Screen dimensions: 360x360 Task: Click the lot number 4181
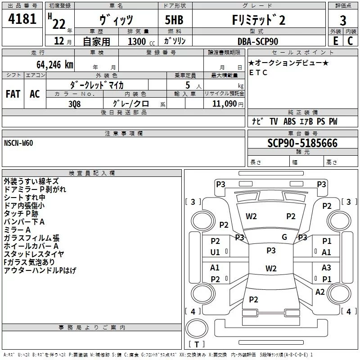[x=22, y=19]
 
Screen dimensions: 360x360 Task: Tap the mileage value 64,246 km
[x=55, y=65]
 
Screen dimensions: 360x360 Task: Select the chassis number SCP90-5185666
[x=302, y=143]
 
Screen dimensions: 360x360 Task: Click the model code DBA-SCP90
[x=257, y=41]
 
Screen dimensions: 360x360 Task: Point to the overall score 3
[x=343, y=21]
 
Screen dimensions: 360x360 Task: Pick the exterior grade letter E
[x=336, y=41]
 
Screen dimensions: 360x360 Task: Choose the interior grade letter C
[x=350, y=41]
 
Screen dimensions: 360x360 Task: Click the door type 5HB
[x=174, y=20]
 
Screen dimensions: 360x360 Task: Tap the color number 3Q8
[x=75, y=104]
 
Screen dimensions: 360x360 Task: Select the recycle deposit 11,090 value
[x=225, y=104]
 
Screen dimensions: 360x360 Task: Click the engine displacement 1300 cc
[x=141, y=41]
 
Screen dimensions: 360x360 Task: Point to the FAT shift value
[x=13, y=94]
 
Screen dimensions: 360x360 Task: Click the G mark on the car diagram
[x=284, y=237]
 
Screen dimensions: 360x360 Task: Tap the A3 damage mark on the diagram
[x=326, y=267]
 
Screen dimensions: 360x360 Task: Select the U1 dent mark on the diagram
[x=215, y=252]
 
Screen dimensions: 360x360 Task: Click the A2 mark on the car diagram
[x=320, y=292]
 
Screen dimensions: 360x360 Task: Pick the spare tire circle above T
[x=197, y=328]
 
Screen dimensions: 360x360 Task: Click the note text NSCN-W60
[x=18, y=143]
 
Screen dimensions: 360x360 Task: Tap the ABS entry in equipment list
[x=289, y=121]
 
